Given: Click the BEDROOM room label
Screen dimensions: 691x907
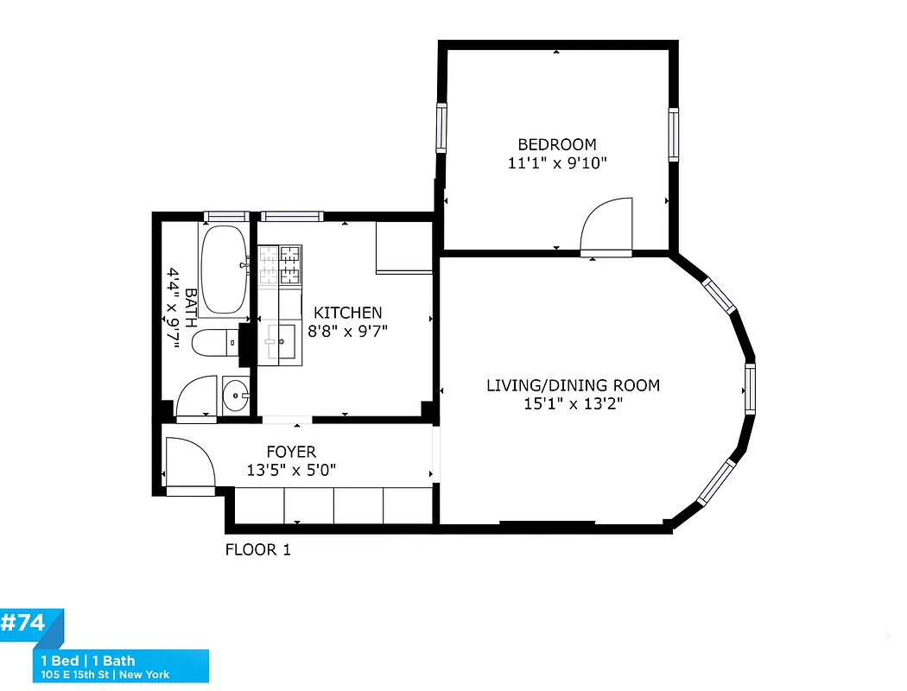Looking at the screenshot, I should [556, 144].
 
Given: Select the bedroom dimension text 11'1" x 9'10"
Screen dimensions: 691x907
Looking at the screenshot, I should [556, 162].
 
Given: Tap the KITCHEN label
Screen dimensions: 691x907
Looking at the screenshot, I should [347, 313].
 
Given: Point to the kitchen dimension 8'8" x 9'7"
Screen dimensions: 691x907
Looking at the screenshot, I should [347, 330].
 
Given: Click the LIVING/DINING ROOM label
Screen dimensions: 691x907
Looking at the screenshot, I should [573, 385].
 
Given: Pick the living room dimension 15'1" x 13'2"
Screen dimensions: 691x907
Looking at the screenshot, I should [573, 403].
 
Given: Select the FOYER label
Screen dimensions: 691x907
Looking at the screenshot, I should [290, 452].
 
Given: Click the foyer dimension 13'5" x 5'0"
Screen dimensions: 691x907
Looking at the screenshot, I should [290, 470].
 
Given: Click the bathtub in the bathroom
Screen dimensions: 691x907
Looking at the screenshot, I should [224, 269].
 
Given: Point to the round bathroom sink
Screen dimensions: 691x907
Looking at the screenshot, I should [234, 396].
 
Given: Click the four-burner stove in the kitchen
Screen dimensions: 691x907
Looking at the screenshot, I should [281, 265].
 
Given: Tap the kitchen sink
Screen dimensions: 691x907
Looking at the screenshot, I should [281, 342].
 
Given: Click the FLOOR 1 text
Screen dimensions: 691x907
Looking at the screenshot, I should [257, 550].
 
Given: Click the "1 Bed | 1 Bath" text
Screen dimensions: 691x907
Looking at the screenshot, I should [89, 662].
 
